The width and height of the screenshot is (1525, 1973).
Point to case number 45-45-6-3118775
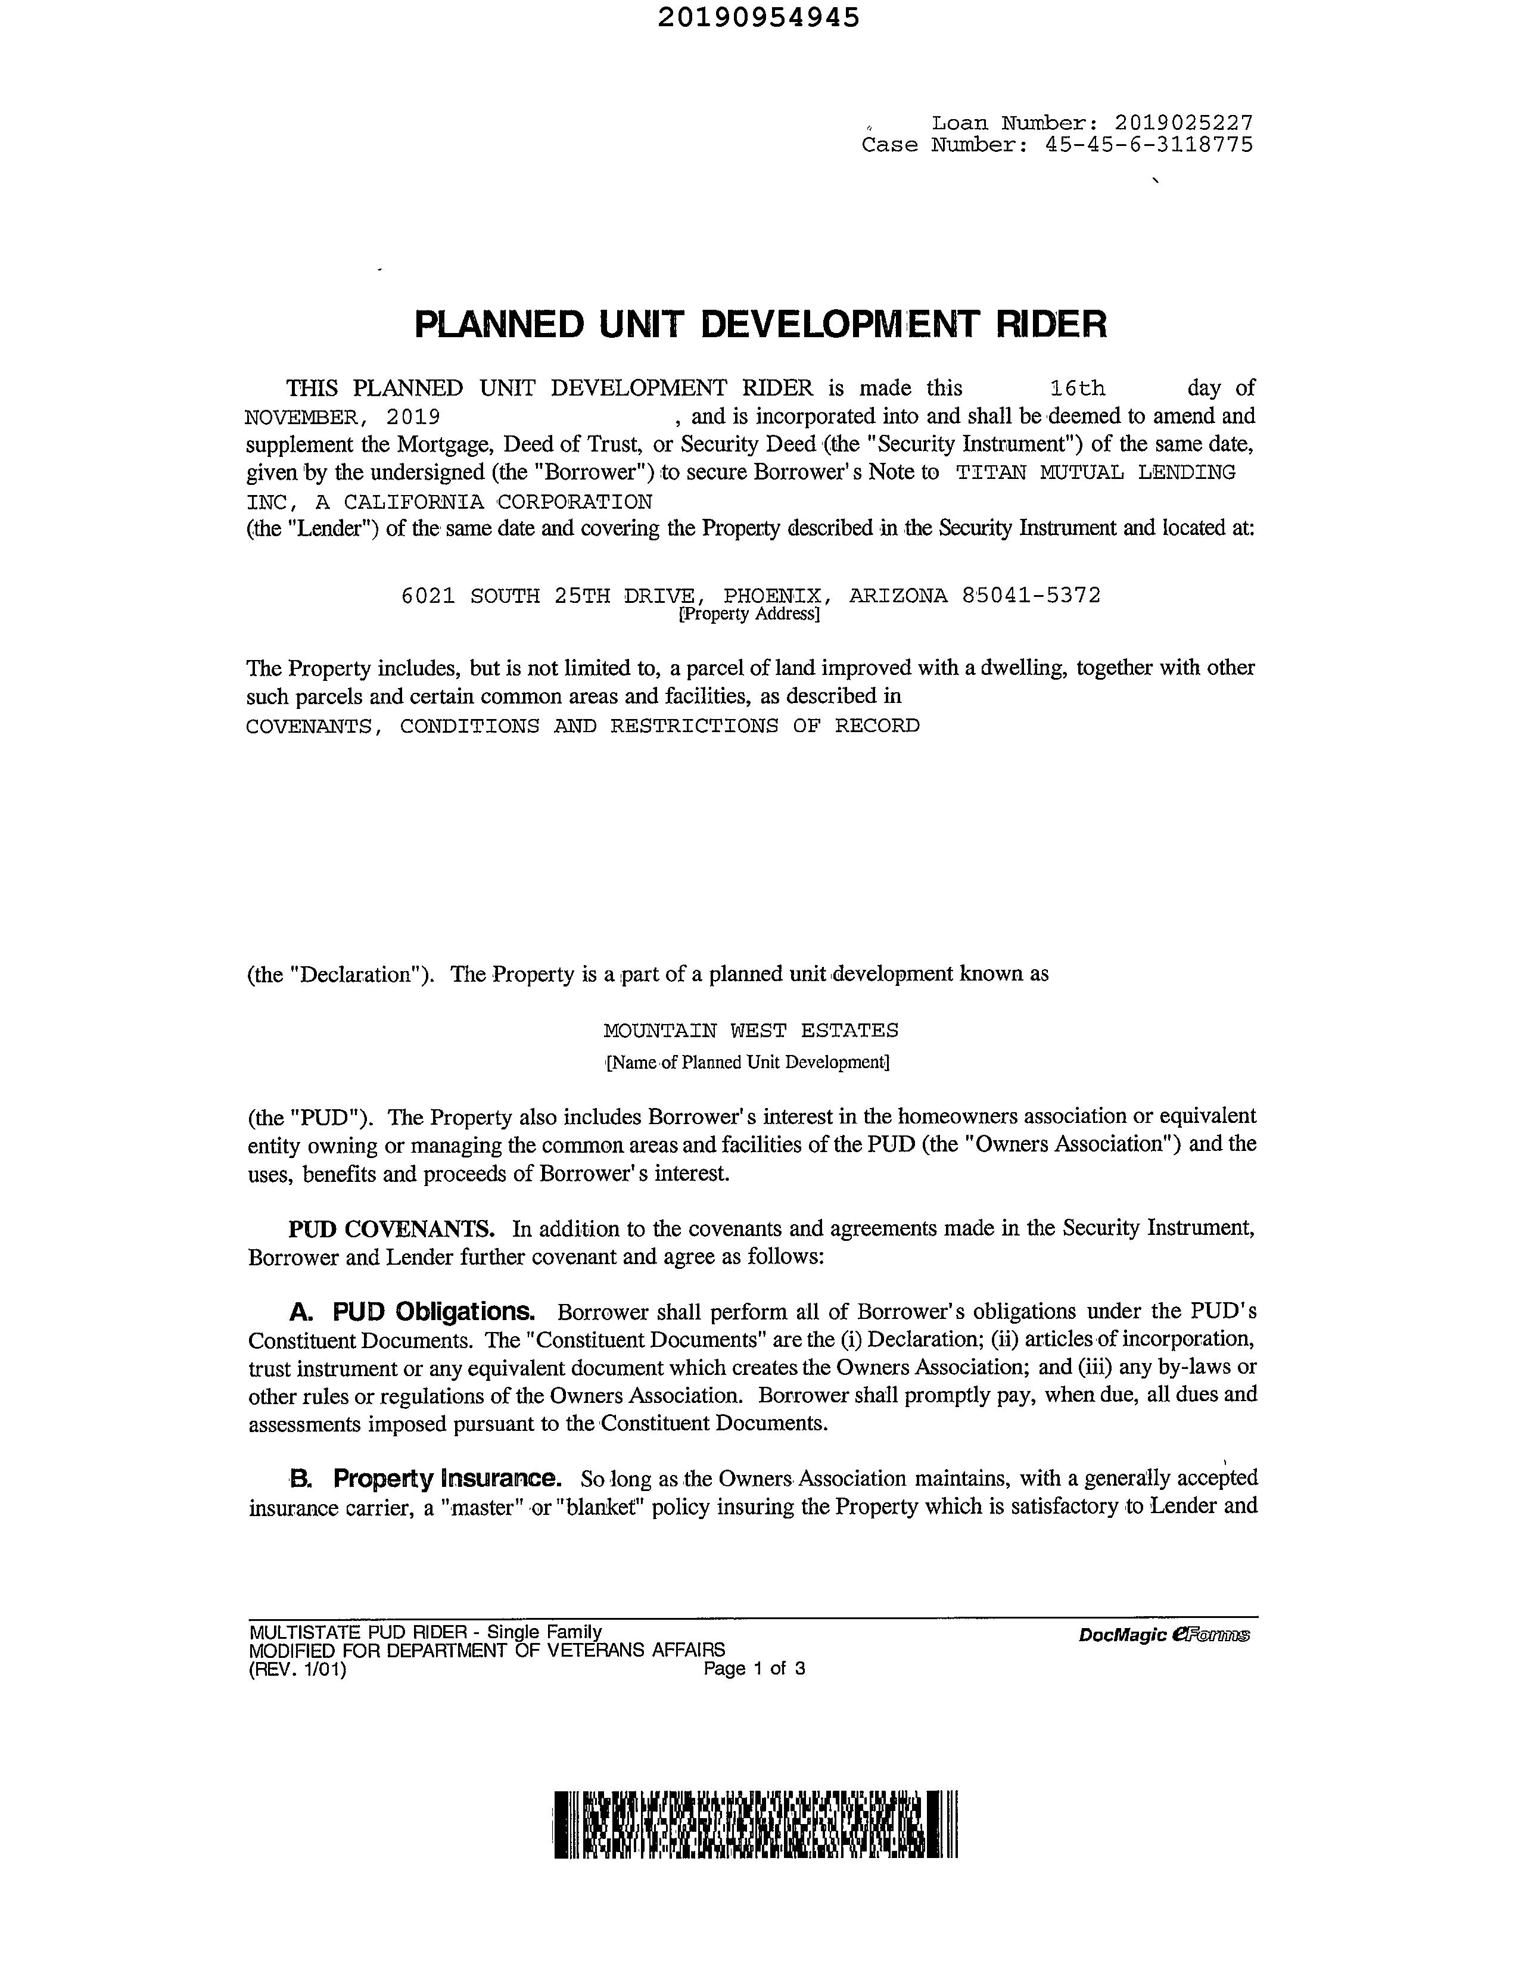point(1149,145)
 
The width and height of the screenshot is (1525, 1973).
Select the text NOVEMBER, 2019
point(343,416)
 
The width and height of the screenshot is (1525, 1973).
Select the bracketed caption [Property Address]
point(749,614)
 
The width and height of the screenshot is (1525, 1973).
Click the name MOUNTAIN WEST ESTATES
point(751,1030)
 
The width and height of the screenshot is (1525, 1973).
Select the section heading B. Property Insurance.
point(425,1478)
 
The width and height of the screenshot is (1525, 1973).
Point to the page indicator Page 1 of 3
point(754,1669)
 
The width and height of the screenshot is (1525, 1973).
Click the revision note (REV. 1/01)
point(298,1669)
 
